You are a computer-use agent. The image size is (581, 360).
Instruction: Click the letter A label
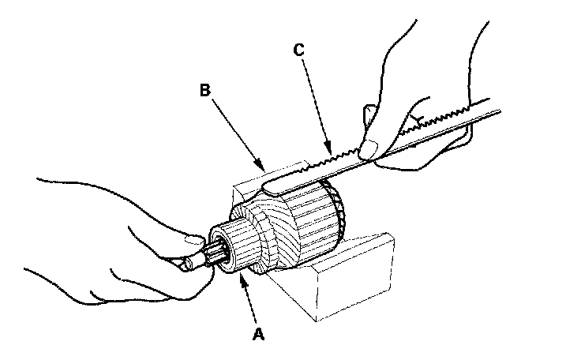tap(257, 334)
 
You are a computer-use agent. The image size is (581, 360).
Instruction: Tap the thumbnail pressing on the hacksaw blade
tap(367, 146)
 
